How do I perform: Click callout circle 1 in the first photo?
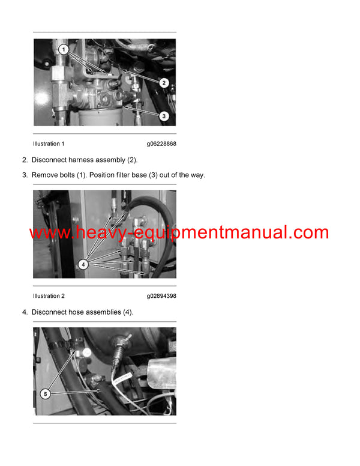64,48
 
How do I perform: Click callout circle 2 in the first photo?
164,83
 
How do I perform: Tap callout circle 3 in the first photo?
164,115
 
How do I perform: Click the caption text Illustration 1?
49,144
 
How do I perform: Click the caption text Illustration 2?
49,296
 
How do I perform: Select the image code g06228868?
161,144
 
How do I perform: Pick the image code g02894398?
161,296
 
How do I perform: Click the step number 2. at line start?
25,160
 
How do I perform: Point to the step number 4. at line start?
25,312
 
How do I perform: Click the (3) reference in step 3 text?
154,175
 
